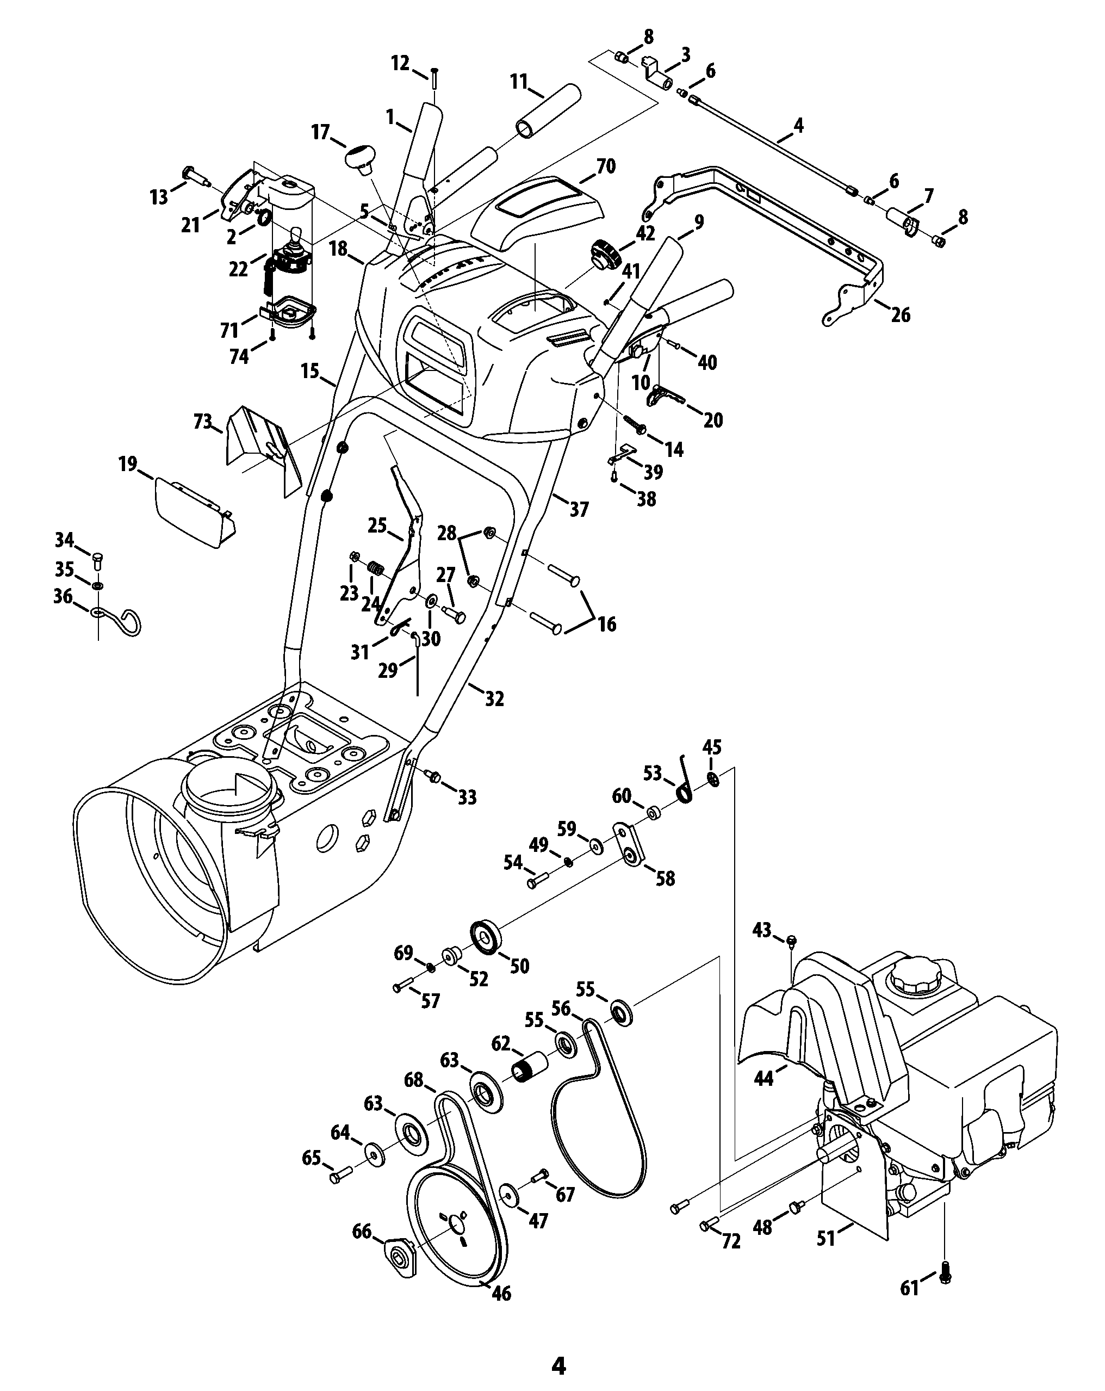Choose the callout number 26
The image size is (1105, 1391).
[901, 315]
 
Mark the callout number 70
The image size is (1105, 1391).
[606, 166]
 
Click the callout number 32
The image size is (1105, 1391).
[494, 698]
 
